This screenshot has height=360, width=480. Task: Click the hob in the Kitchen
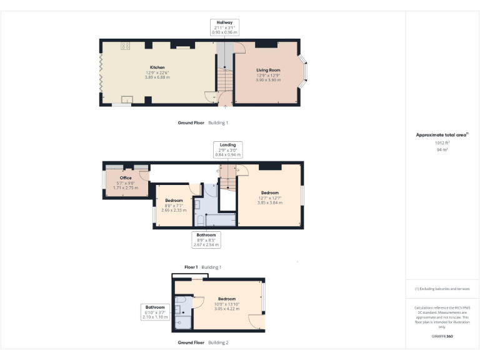125,46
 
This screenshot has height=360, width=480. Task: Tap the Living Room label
268,70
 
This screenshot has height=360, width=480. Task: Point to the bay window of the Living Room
304,72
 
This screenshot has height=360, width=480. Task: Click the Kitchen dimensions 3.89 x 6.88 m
157,77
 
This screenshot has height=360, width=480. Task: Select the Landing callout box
227,150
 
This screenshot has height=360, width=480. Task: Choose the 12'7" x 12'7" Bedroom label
270,192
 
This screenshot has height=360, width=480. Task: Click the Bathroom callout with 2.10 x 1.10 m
155,312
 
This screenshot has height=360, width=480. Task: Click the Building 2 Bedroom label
226,299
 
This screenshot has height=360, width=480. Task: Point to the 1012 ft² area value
442,142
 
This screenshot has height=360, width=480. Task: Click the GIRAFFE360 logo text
442,337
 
